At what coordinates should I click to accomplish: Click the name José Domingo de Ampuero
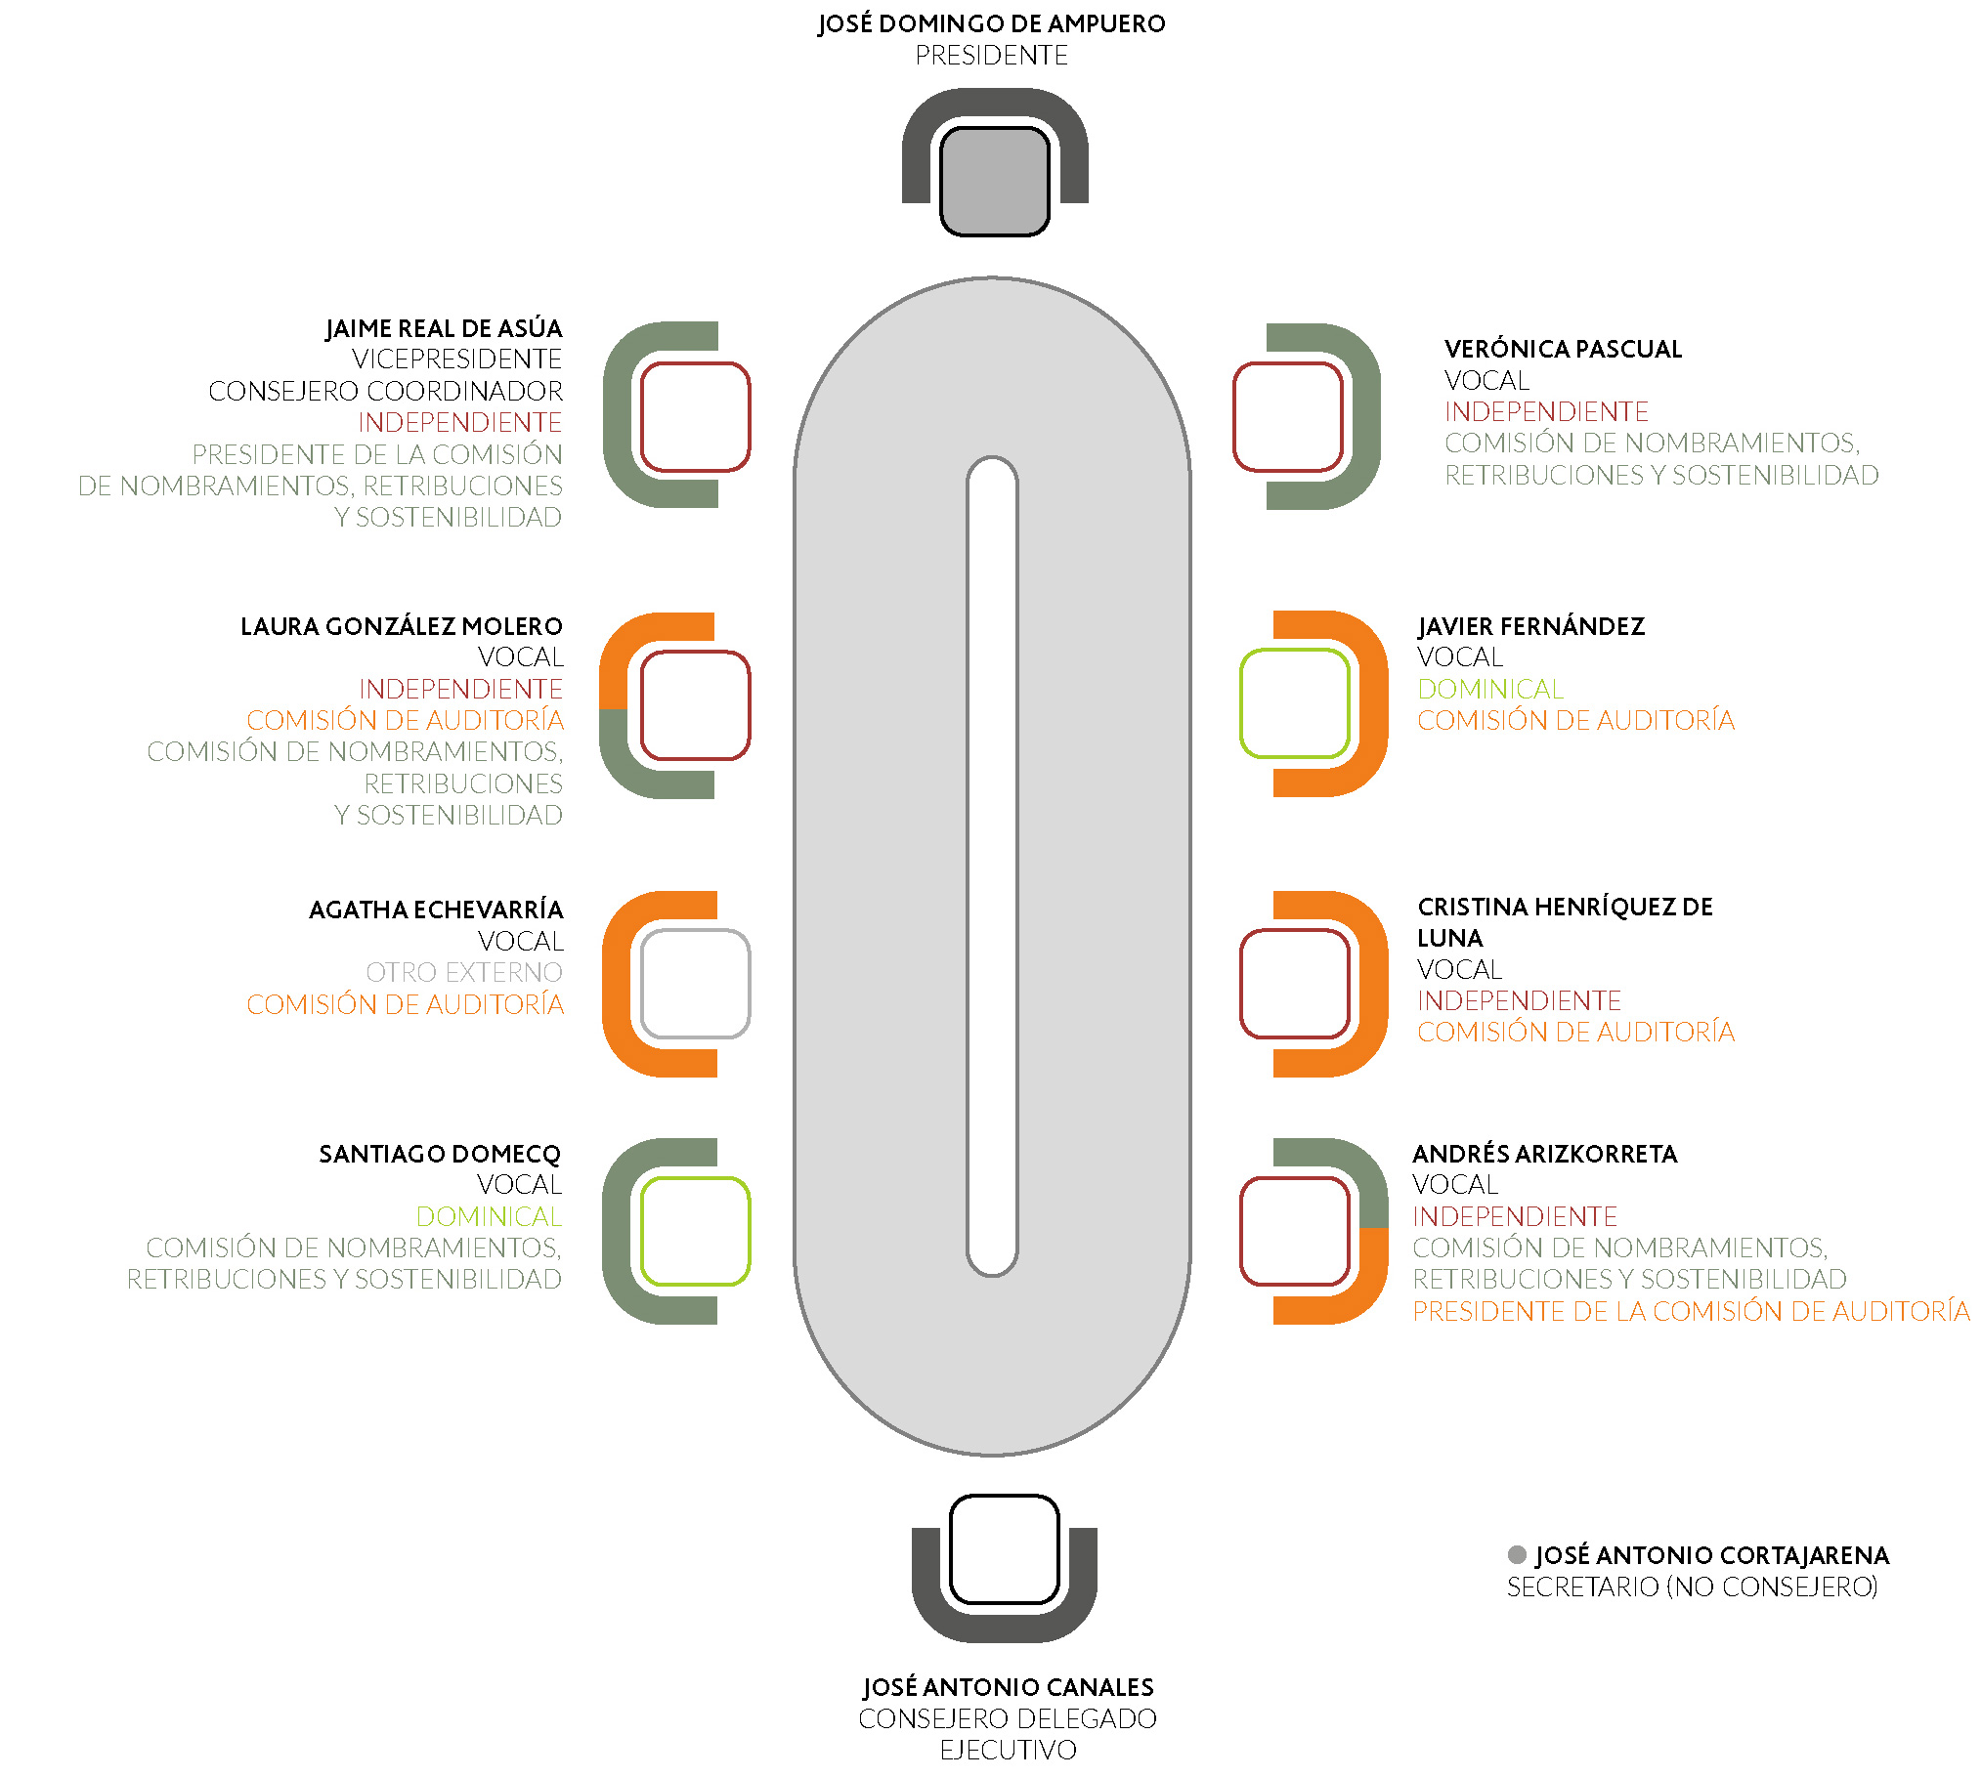click(991, 23)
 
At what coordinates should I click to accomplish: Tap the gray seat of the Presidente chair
click(994, 182)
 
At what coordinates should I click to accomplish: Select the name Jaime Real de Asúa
click(444, 328)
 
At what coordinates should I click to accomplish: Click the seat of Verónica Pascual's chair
click(1288, 416)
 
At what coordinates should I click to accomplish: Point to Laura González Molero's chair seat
click(695, 704)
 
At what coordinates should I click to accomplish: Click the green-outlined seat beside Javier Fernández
click(1294, 702)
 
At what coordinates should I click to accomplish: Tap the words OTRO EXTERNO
click(464, 972)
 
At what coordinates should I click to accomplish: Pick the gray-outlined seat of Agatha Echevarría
click(695, 983)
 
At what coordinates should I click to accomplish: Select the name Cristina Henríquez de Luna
click(1565, 922)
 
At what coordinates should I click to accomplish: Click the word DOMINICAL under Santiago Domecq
click(489, 1216)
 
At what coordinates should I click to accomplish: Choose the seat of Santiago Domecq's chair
click(695, 1231)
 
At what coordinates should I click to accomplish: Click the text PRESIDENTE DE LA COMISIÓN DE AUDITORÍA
click(1691, 1311)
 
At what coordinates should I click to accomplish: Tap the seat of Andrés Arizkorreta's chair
click(1294, 1231)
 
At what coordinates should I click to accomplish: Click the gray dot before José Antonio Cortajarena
click(1517, 1554)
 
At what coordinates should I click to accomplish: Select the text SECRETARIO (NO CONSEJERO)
click(1692, 1587)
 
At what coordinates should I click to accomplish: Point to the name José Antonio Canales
click(1008, 1687)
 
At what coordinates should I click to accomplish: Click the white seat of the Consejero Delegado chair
click(1004, 1549)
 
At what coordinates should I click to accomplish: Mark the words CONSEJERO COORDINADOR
click(385, 391)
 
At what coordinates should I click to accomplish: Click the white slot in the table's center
click(992, 867)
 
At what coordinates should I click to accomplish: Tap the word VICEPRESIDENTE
click(457, 360)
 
